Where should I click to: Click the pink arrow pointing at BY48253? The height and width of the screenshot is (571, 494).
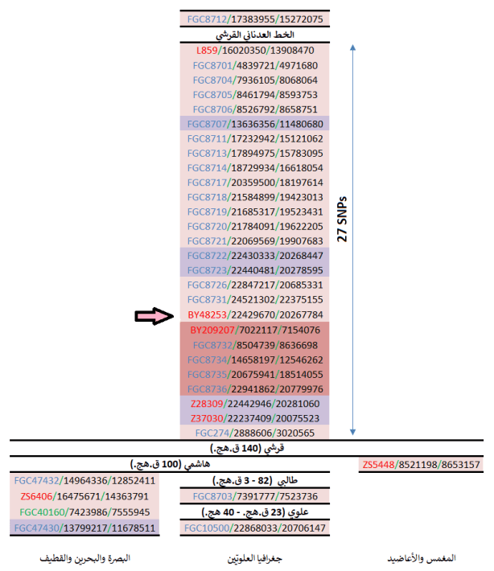[154, 318]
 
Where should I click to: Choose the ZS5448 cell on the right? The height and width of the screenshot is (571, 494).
[422, 464]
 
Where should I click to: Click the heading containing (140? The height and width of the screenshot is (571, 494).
[246, 449]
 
